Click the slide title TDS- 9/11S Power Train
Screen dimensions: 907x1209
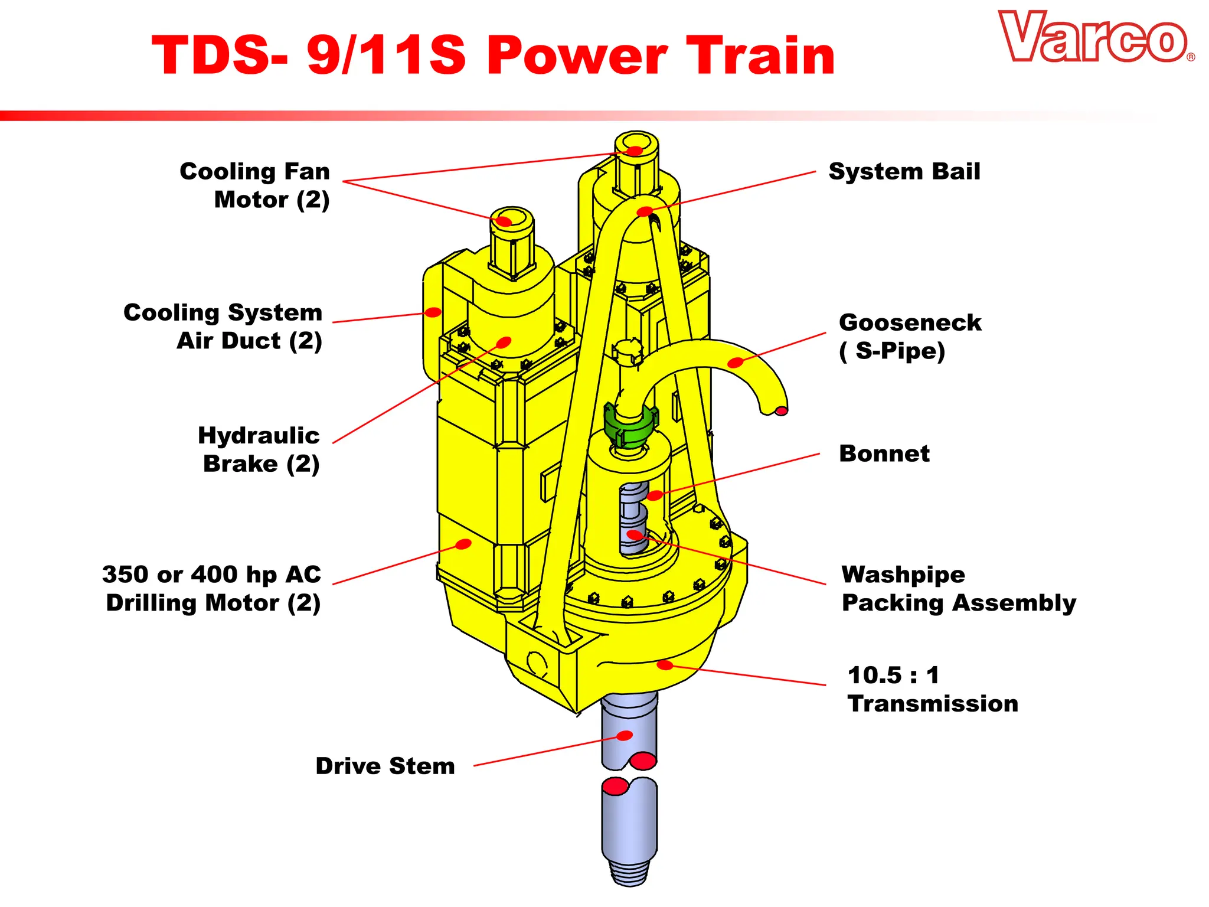click(493, 55)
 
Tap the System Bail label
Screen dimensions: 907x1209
click(904, 171)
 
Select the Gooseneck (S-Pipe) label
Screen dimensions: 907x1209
click(909, 337)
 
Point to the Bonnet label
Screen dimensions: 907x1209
click(884, 453)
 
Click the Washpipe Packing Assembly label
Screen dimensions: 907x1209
click(958, 588)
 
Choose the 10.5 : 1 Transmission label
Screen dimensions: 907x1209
click(932, 689)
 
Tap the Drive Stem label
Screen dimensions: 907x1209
click(385, 766)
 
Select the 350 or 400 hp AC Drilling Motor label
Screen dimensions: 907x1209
click(212, 588)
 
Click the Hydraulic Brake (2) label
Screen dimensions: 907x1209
click(260, 449)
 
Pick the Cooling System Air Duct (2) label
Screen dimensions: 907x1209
click(223, 327)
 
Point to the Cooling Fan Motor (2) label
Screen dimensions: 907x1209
click(255, 185)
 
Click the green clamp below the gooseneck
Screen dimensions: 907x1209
click(630, 425)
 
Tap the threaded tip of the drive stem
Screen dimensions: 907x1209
click(629, 872)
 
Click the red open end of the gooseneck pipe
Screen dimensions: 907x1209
click(780, 410)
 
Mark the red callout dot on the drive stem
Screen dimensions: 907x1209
click(625, 735)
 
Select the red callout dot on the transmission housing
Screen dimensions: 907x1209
click(665, 665)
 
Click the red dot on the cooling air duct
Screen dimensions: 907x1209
click(433, 312)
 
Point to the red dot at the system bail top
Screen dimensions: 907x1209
click(645, 211)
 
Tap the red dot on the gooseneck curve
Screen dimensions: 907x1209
click(735, 363)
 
